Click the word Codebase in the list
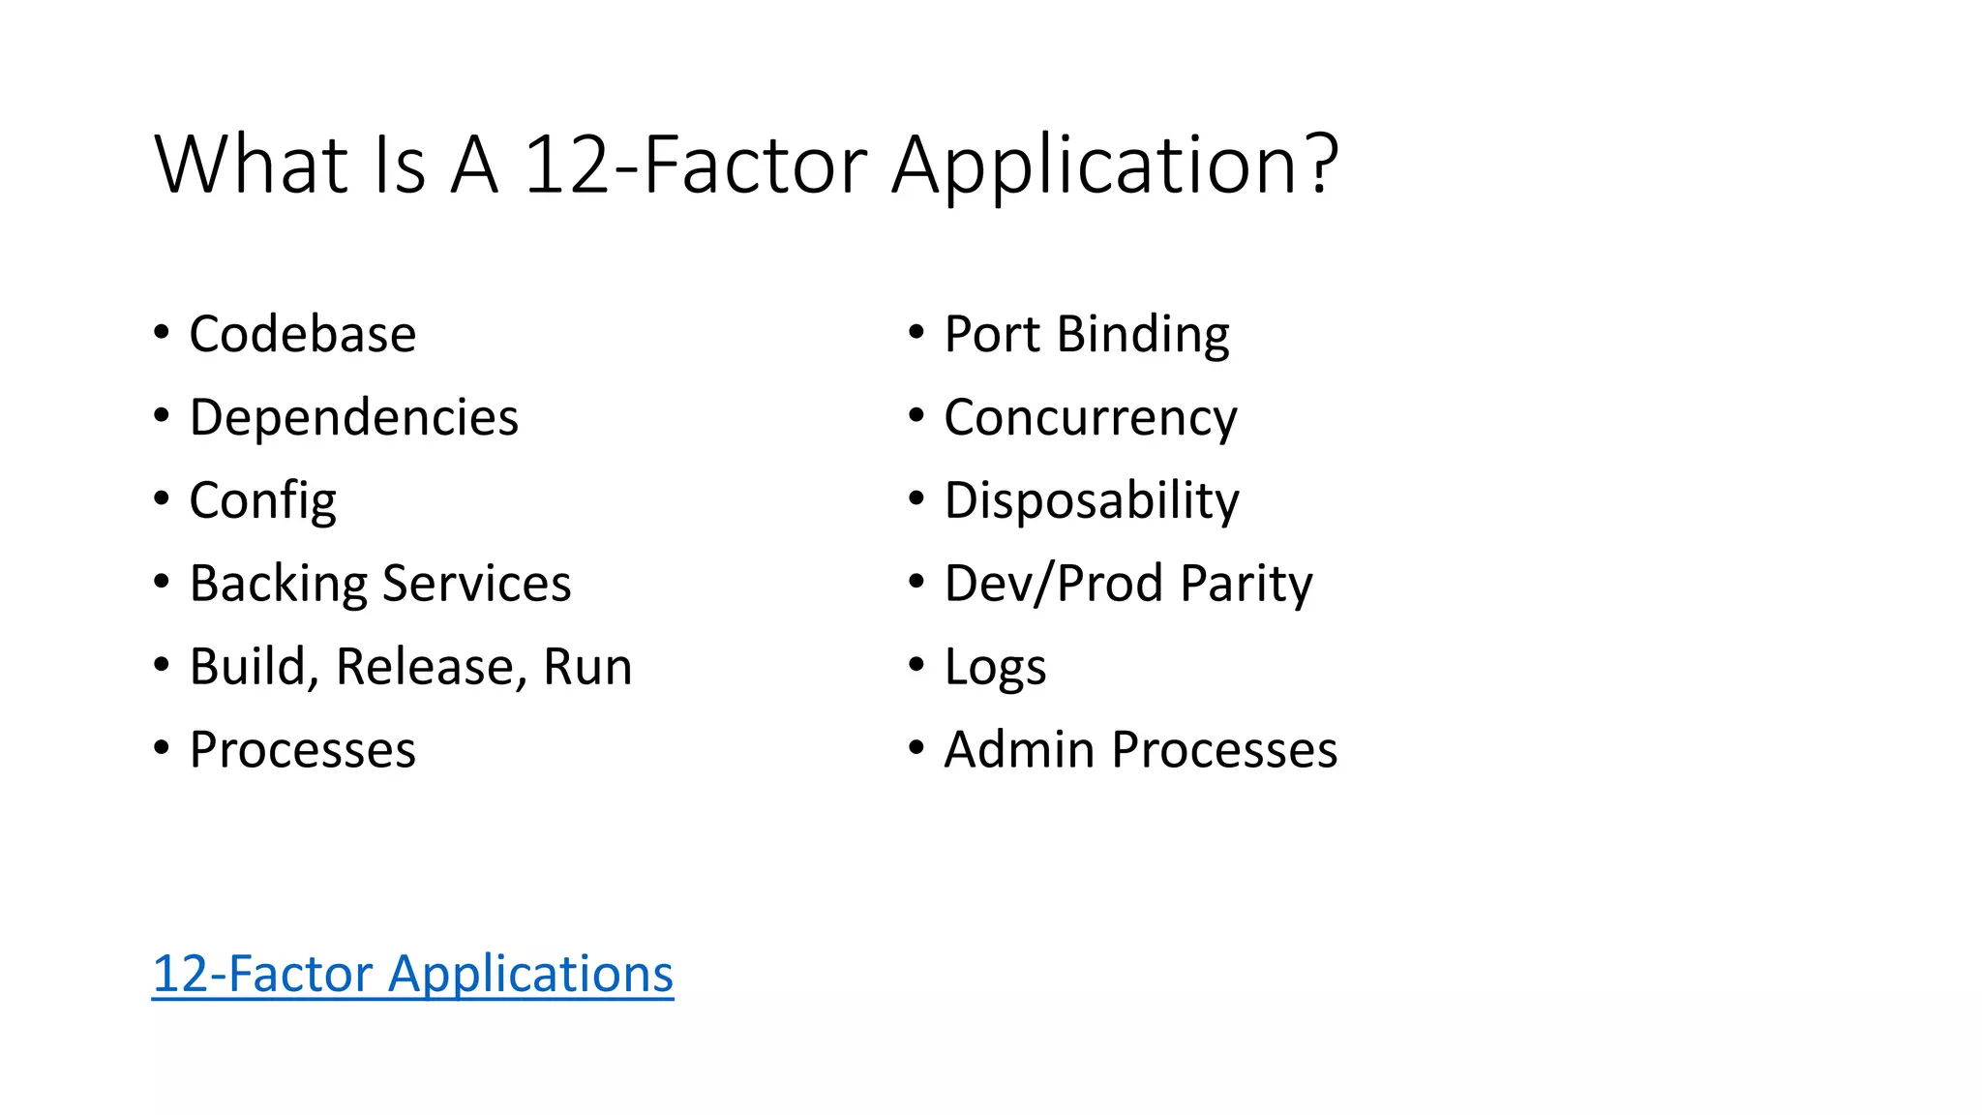(x=302, y=334)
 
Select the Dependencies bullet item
(x=353, y=417)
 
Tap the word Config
(x=262, y=501)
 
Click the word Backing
(x=279, y=584)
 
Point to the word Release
(x=424, y=667)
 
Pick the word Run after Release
(x=587, y=667)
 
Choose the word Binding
(x=1143, y=334)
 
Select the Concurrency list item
(x=1090, y=418)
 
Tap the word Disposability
(x=1091, y=501)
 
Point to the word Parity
(x=1246, y=585)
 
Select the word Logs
(x=995, y=668)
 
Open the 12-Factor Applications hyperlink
(x=412, y=974)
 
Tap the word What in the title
(x=251, y=164)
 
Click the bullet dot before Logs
(x=916, y=664)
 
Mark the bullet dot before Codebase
(x=162, y=331)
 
